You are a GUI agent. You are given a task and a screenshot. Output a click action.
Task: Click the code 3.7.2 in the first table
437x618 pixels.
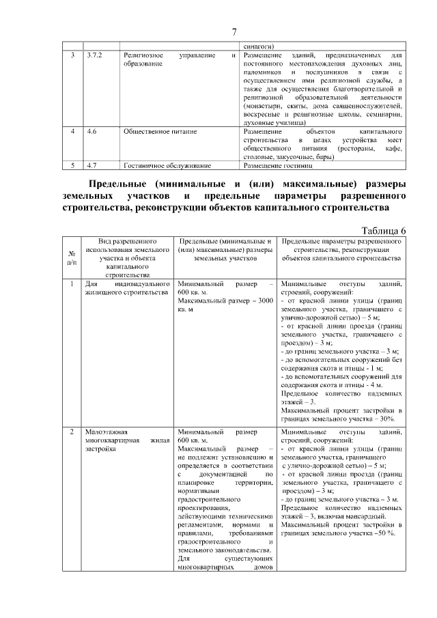coord(95,54)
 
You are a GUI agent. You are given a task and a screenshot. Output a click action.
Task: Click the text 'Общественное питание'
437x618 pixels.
coord(156,129)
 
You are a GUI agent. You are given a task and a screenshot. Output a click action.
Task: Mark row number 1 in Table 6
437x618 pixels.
coord(72,283)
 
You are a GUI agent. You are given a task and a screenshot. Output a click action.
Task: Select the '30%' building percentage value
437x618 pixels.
coord(387,418)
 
